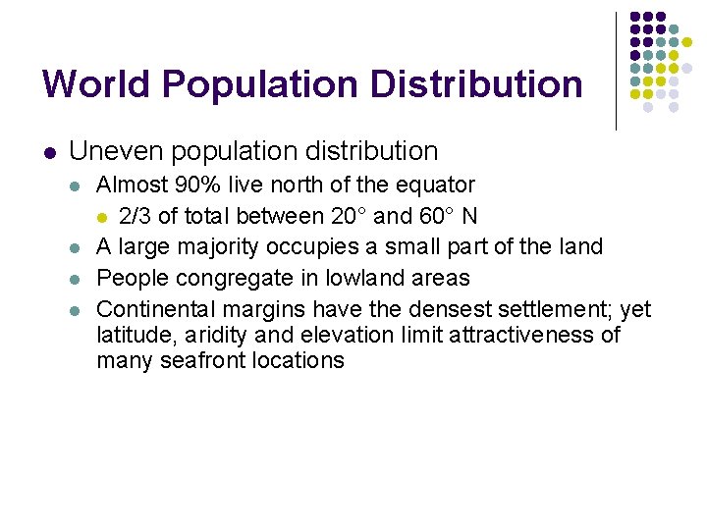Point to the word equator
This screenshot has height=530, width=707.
(438, 185)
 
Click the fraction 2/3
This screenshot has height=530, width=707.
(136, 215)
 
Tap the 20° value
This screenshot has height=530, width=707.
(325, 215)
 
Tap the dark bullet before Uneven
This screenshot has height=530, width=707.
(51, 152)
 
